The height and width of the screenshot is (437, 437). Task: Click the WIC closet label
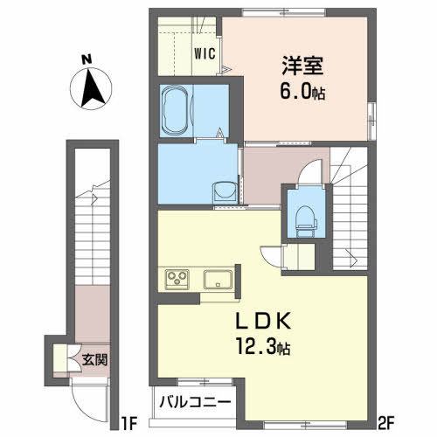click(x=205, y=53)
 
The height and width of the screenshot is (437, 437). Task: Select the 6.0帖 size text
click(x=302, y=91)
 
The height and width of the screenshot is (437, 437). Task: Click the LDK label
click(x=263, y=321)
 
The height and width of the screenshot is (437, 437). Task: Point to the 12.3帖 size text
click(x=263, y=346)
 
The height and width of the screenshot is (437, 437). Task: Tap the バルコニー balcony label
click(x=195, y=403)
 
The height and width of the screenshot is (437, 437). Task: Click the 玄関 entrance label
click(x=94, y=360)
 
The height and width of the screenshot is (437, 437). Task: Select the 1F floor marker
click(x=128, y=423)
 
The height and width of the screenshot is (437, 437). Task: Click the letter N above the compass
click(x=87, y=59)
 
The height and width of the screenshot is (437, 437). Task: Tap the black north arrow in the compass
click(x=92, y=87)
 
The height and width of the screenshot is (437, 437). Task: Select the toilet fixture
click(x=306, y=221)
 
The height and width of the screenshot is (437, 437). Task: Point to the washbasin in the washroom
click(x=224, y=193)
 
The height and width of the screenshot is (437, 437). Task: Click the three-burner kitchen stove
click(x=177, y=280)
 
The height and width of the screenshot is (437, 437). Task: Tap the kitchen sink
click(x=218, y=280)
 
